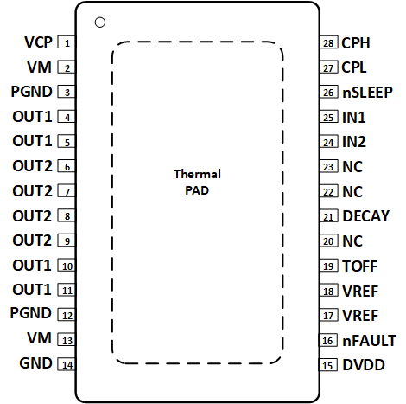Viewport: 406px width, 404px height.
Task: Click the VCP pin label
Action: click(37, 42)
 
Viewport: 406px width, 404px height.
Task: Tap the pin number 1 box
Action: click(67, 42)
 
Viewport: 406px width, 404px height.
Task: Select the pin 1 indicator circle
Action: click(100, 22)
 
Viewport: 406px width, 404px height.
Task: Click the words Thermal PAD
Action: click(197, 182)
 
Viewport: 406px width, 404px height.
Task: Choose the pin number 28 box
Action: click(327, 42)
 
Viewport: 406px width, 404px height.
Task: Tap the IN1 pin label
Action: click(354, 117)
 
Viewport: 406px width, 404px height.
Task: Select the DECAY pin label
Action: click(365, 216)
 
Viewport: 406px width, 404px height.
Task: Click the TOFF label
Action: click(359, 266)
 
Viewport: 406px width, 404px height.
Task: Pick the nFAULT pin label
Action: click(369, 341)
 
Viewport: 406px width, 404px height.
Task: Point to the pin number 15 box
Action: click(327, 366)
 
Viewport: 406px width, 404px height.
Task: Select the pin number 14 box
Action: click(67, 365)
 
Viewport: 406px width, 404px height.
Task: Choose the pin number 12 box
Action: click(67, 316)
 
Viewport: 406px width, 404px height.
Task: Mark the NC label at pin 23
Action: click(352, 166)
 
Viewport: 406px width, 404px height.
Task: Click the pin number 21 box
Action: click(327, 217)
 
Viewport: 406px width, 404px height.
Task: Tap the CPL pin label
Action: click(355, 67)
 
